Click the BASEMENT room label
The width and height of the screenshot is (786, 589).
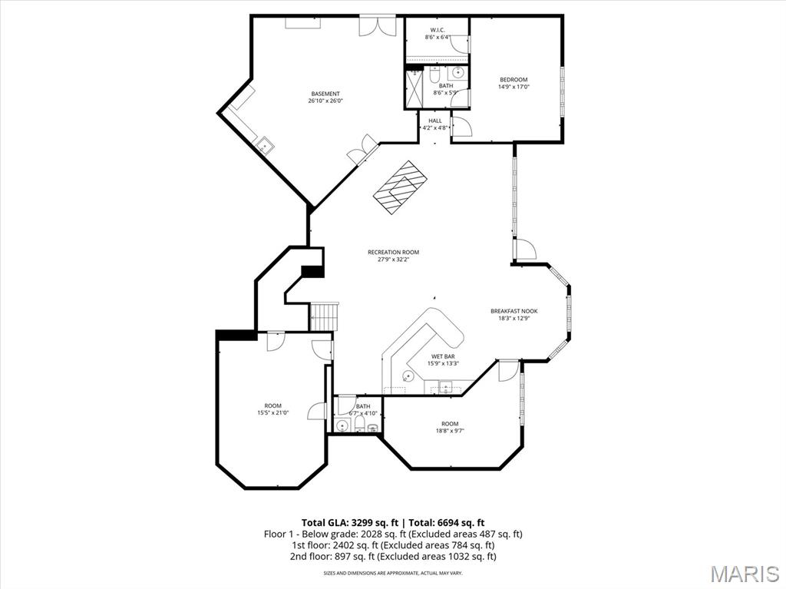click(325, 94)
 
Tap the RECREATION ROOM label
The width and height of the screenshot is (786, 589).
click(393, 252)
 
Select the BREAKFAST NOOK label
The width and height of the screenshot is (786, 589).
click(514, 311)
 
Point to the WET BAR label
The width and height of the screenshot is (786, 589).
click(442, 356)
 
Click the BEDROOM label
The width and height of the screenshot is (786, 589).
click(514, 80)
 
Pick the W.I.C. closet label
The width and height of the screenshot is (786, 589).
click(438, 30)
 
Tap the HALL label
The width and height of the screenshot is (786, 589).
click(435, 121)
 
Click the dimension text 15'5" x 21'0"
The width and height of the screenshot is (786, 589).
click(272, 413)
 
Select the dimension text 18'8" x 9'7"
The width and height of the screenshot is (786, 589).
click(450, 431)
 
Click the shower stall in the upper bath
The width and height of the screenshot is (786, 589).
click(414, 89)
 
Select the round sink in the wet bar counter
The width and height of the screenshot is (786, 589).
click(408, 376)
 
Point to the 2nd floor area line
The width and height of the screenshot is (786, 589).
click(393, 556)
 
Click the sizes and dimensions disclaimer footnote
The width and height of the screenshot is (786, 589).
click(393, 573)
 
